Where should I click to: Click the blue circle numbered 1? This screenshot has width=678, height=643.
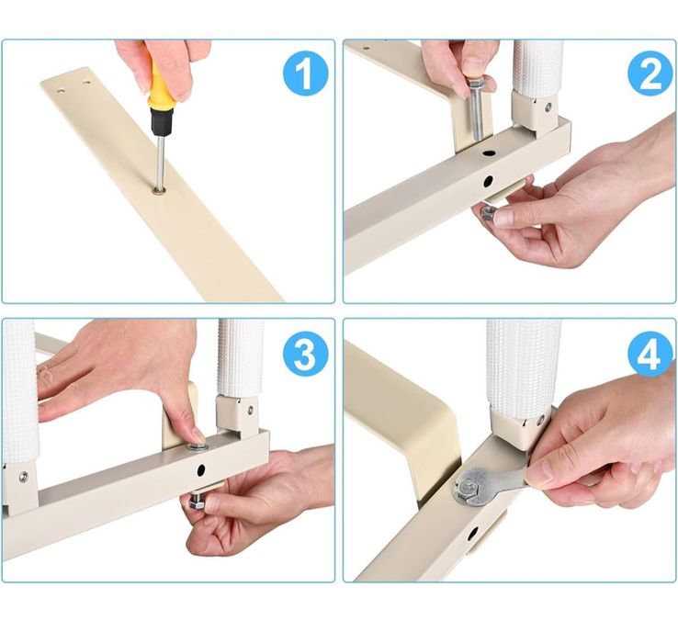pyautogui.click(x=305, y=73)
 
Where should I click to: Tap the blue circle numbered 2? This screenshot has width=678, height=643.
pyautogui.click(x=650, y=73)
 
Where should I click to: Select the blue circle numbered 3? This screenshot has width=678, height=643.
pyautogui.click(x=305, y=355)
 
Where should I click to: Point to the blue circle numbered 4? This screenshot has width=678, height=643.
pyautogui.click(x=650, y=355)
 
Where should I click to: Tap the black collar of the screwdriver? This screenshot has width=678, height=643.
pyautogui.click(x=162, y=121)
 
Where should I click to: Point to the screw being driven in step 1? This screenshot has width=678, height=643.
pyautogui.click(x=160, y=190)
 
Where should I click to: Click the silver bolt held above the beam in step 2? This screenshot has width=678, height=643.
pyautogui.click(x=477, y=108)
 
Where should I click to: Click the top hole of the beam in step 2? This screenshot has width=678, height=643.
pyautogui.click(x=490, y=153)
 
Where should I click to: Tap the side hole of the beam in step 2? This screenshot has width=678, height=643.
pyautogui.click(x=488, y=181)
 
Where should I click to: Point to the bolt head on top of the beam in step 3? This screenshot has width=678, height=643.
pyautogui.click(x=197, y=446)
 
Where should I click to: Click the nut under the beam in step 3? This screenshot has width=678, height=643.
pyautogui.click(x=198, y=503)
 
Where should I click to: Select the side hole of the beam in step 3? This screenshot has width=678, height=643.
pyautogui.click(x=201, y=470)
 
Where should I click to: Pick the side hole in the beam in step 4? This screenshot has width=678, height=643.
pyautogui.click(x=473, y=534)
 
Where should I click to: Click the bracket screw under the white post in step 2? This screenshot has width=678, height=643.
pyautogui.click(x=548, y=107)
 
